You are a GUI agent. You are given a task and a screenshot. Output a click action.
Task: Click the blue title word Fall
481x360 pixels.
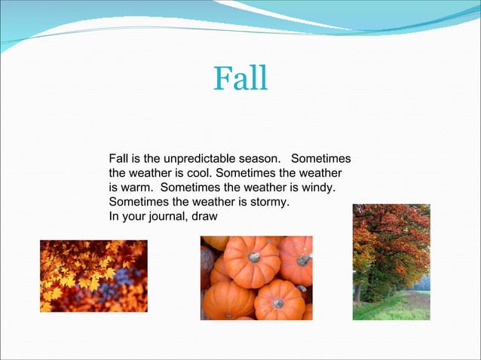[x=240, y=78]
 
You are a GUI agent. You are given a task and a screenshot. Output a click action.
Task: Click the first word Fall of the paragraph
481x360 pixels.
[x=118, y=159]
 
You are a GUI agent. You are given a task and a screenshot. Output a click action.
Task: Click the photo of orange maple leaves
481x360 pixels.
[x=93, y=276]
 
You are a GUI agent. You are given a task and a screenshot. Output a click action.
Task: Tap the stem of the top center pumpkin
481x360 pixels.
[x=254, y=257]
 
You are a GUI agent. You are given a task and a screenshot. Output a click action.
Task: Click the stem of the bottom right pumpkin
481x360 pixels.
[x=278, y=302]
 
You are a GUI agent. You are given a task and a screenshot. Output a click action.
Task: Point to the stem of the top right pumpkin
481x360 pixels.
[x=303, y=260]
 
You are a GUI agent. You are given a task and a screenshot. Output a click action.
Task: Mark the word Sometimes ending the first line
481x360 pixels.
[x=321, y=159]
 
